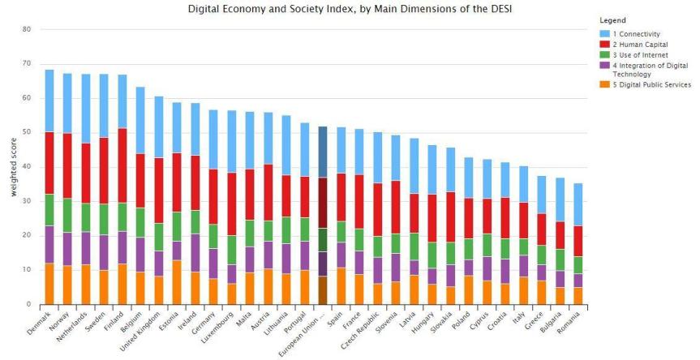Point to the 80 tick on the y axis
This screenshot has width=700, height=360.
pos(27,29)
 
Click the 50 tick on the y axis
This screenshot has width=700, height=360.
pos(27,132)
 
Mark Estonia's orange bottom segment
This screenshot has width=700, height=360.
pos(178,282)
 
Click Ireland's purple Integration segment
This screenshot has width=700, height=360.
pos(195,252)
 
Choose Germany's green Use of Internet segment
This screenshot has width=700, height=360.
pos(213,236)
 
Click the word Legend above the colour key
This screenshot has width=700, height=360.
pos(614,19)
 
